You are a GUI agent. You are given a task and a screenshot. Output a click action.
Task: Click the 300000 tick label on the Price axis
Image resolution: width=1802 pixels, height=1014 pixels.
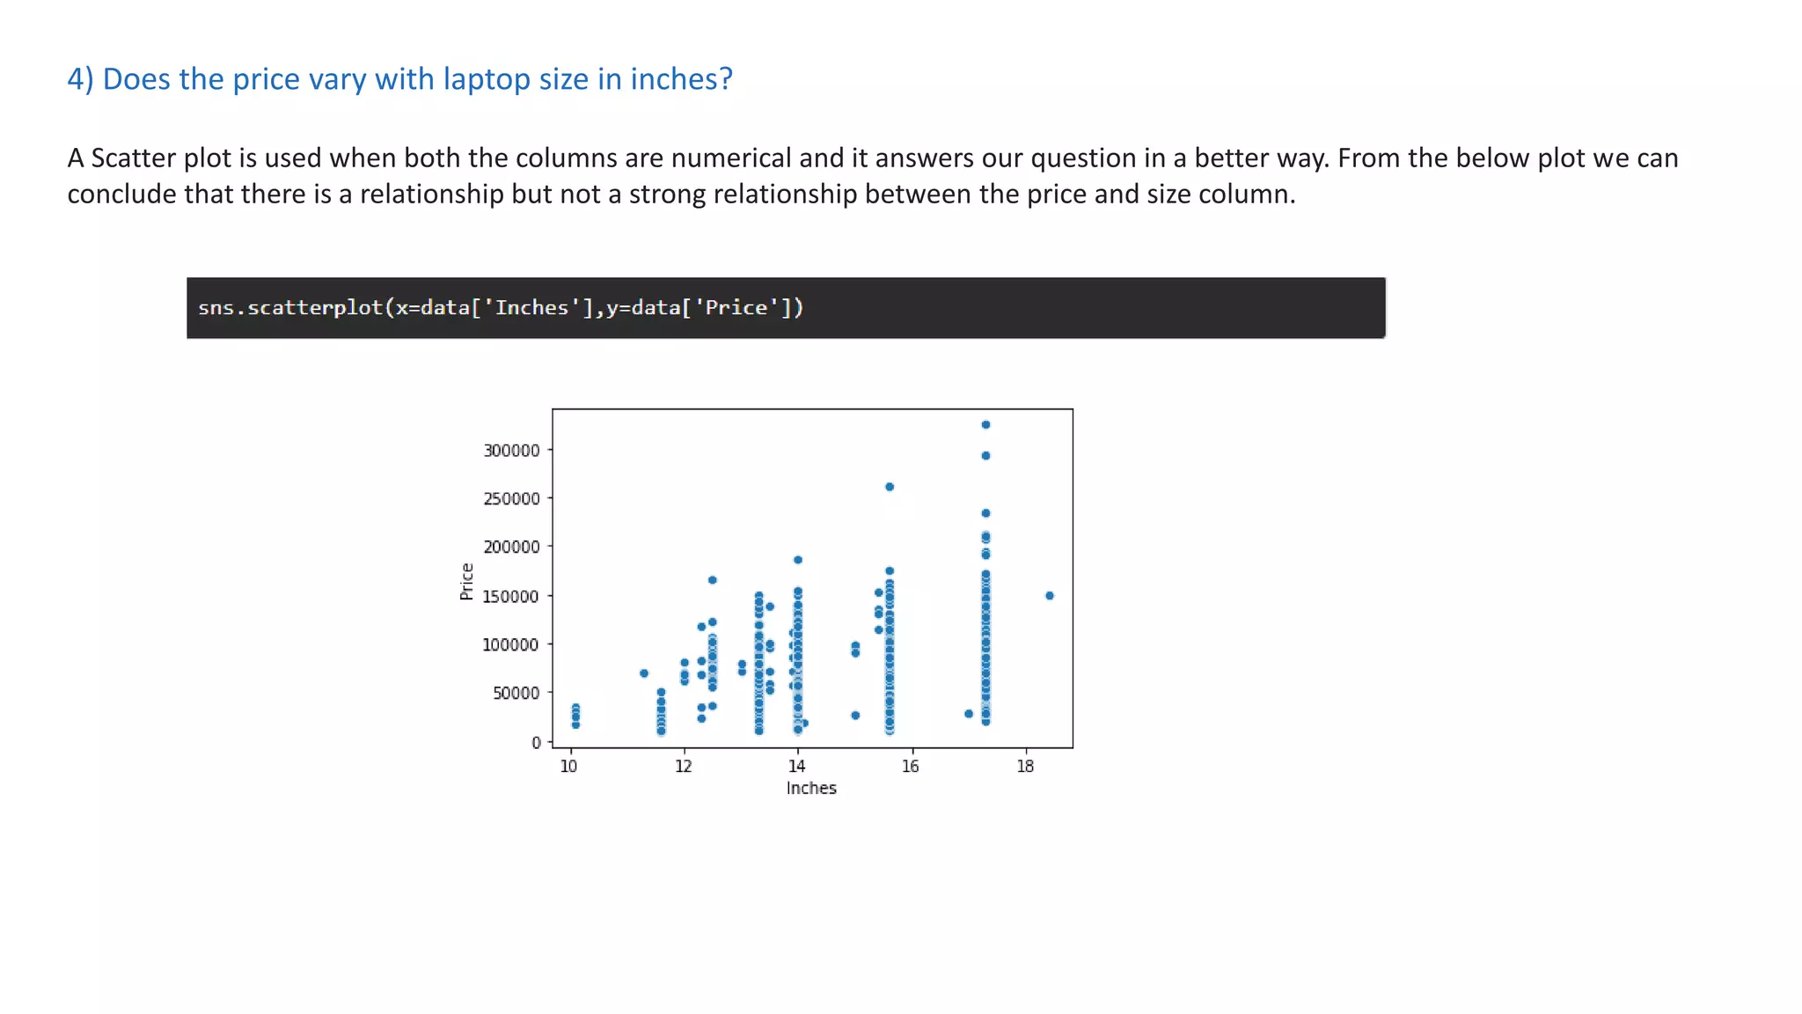tap(511, 451)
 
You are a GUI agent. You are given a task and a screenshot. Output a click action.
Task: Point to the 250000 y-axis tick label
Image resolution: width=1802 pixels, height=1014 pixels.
tap(511, 499)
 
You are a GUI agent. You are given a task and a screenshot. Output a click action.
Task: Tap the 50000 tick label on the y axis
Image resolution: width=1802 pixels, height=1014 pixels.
tap(516, 694)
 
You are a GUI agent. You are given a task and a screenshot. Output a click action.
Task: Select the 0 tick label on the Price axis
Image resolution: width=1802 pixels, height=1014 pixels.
tap(536, 743)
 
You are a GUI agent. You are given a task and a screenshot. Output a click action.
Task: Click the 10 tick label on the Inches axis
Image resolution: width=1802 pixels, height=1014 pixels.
tap(568, 767)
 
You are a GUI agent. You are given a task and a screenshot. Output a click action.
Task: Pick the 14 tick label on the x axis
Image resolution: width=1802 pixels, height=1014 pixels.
tap(796, 767)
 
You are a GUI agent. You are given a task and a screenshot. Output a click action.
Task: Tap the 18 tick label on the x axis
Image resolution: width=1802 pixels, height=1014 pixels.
tap(1025, 767)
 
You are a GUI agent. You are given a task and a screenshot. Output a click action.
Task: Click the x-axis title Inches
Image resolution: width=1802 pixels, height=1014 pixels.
tap(811, 789)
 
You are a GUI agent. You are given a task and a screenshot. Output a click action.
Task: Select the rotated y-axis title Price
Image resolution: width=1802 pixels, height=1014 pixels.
tap(467, 582)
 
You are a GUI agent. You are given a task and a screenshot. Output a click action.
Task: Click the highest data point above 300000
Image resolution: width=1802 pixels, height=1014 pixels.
tap(985, 425)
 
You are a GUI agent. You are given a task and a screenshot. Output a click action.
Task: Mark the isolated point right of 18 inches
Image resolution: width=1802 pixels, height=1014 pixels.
tap(1050, 596)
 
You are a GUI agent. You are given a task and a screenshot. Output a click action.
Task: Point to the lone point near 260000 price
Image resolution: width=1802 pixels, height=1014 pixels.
tap(890, 487)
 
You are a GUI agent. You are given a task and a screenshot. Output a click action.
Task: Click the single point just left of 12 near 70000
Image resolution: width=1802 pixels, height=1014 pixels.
tap(644, 673)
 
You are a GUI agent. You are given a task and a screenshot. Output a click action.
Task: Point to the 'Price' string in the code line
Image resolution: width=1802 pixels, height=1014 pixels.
tap(736, 308)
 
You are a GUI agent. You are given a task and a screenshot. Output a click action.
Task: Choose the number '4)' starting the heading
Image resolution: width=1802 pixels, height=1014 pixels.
tap(80, 79)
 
